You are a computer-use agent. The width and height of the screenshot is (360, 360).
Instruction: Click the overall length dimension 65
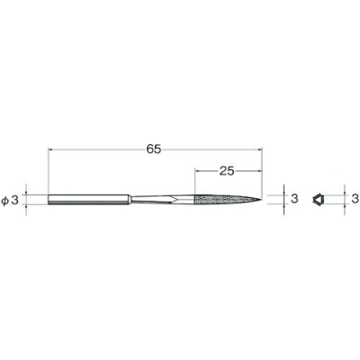coord(154,148)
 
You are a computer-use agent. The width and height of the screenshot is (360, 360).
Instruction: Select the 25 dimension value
coord(227,171)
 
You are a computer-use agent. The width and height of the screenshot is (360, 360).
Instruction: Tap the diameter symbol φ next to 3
coord(5,200)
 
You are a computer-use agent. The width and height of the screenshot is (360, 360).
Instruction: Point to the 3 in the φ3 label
coord(15,200)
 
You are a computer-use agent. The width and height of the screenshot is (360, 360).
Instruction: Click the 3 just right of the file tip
coord(294,199)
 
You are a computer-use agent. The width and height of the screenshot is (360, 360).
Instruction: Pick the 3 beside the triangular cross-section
coord(355,199)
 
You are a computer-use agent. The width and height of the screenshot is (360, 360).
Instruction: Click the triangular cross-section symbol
coord(318,199)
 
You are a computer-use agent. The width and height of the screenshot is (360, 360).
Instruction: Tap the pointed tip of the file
coord(261,199)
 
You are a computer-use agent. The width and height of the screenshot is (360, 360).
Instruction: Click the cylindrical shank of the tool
coord(89,200)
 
